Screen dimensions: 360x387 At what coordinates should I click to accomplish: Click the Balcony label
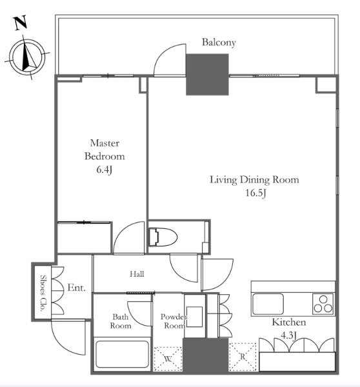[219, 43]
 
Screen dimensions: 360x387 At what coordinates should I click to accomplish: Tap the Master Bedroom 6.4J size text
[105, 170]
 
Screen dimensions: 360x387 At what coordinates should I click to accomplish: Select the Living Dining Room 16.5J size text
[255, 193]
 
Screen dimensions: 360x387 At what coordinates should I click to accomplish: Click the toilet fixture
[163, 237]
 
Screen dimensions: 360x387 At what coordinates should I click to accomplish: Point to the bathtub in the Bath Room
[122, 354]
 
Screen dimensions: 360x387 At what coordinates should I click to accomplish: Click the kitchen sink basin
[268, 304]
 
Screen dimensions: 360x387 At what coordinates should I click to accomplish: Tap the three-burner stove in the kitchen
[323, 304]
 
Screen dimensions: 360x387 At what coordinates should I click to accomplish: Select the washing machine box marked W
[168, 359]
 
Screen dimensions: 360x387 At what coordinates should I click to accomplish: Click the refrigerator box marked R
[243, 357]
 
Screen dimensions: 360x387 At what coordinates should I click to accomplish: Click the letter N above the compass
[21, 23]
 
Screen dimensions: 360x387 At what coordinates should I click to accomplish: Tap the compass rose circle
[27, 57]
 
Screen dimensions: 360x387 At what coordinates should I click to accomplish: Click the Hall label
[137, 273]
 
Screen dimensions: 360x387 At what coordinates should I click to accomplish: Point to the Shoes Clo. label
[43, 293]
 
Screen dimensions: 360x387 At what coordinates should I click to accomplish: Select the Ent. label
[77, 288]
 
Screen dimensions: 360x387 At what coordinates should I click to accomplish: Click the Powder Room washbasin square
[195, 317]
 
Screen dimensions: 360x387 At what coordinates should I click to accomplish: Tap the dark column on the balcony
[207, 75]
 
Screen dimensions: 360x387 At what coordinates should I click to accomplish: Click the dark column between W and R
[205, 355]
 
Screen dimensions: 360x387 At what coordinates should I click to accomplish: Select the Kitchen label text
[289, 322]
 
